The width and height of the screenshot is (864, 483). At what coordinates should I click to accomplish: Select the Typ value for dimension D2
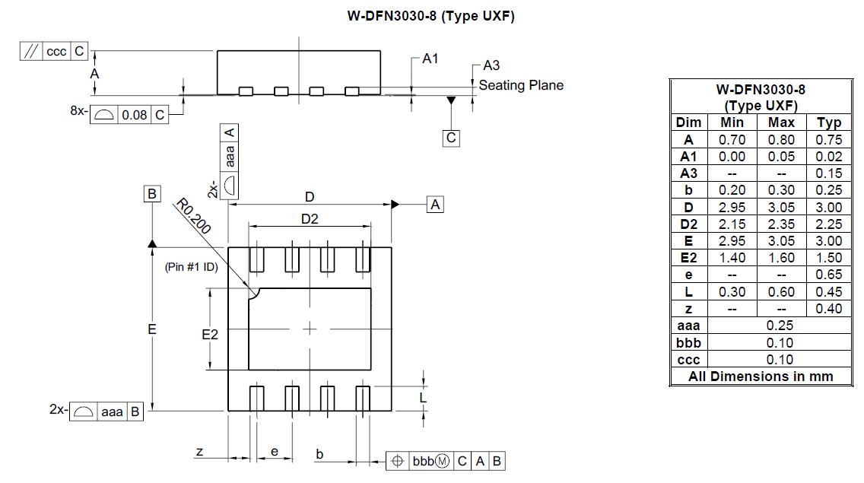point(829,224)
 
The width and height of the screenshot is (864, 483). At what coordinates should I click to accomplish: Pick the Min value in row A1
point(732,157)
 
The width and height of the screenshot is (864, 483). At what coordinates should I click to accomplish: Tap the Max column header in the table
point(781,122)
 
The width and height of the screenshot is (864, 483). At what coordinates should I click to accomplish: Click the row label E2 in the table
point(688,258)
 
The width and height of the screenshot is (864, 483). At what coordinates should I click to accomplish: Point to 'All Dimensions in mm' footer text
point(761,377)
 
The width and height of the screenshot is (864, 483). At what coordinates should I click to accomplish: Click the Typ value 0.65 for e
point(829,275)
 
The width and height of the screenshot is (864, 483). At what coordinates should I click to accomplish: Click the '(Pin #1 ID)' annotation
point(191,267)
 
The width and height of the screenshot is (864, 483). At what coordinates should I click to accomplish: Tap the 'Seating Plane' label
point(521,85)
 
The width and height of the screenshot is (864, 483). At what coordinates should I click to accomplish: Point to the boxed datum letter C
point(452,138)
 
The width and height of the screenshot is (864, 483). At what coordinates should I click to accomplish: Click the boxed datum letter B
point(152,194)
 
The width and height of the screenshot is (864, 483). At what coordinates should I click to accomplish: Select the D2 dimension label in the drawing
point(310,220)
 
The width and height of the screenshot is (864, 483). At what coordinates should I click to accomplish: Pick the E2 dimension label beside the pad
point(210,334)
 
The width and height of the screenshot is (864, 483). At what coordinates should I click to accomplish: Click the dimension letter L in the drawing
point(423,397)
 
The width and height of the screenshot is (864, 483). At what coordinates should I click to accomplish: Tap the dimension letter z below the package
point(199,452)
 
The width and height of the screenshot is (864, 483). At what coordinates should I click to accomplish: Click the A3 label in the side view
point(491,66)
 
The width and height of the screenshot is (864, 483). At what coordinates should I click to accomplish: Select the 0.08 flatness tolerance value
point(134,115)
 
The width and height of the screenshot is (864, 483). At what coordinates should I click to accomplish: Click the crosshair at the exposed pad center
point(310,329)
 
